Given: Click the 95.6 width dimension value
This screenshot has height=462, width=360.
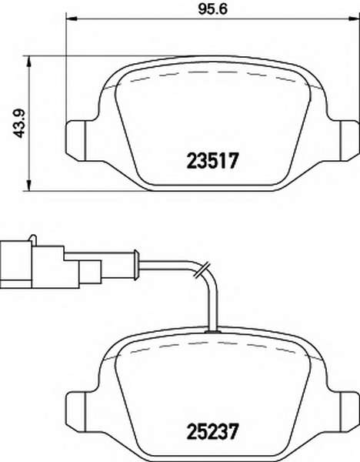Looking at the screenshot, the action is coord(213,9).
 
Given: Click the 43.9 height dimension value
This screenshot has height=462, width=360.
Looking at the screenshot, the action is coord(20,123).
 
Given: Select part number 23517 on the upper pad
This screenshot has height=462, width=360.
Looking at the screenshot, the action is coord(212,161).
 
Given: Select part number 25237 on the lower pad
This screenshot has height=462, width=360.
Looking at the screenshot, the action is coord(212,432).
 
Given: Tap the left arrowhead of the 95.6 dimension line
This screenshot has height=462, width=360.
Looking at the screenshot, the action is coord(72,19).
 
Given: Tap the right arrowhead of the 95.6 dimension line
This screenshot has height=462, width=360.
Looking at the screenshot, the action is coord(354,19).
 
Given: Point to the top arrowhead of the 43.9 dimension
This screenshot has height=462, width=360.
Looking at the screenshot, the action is coord(28,62).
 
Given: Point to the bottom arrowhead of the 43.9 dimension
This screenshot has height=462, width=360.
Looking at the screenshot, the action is coord(28,185).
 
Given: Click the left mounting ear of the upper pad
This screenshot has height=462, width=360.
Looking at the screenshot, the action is coord(75,141).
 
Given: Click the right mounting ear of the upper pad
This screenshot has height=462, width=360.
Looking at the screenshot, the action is coord(350,141).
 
